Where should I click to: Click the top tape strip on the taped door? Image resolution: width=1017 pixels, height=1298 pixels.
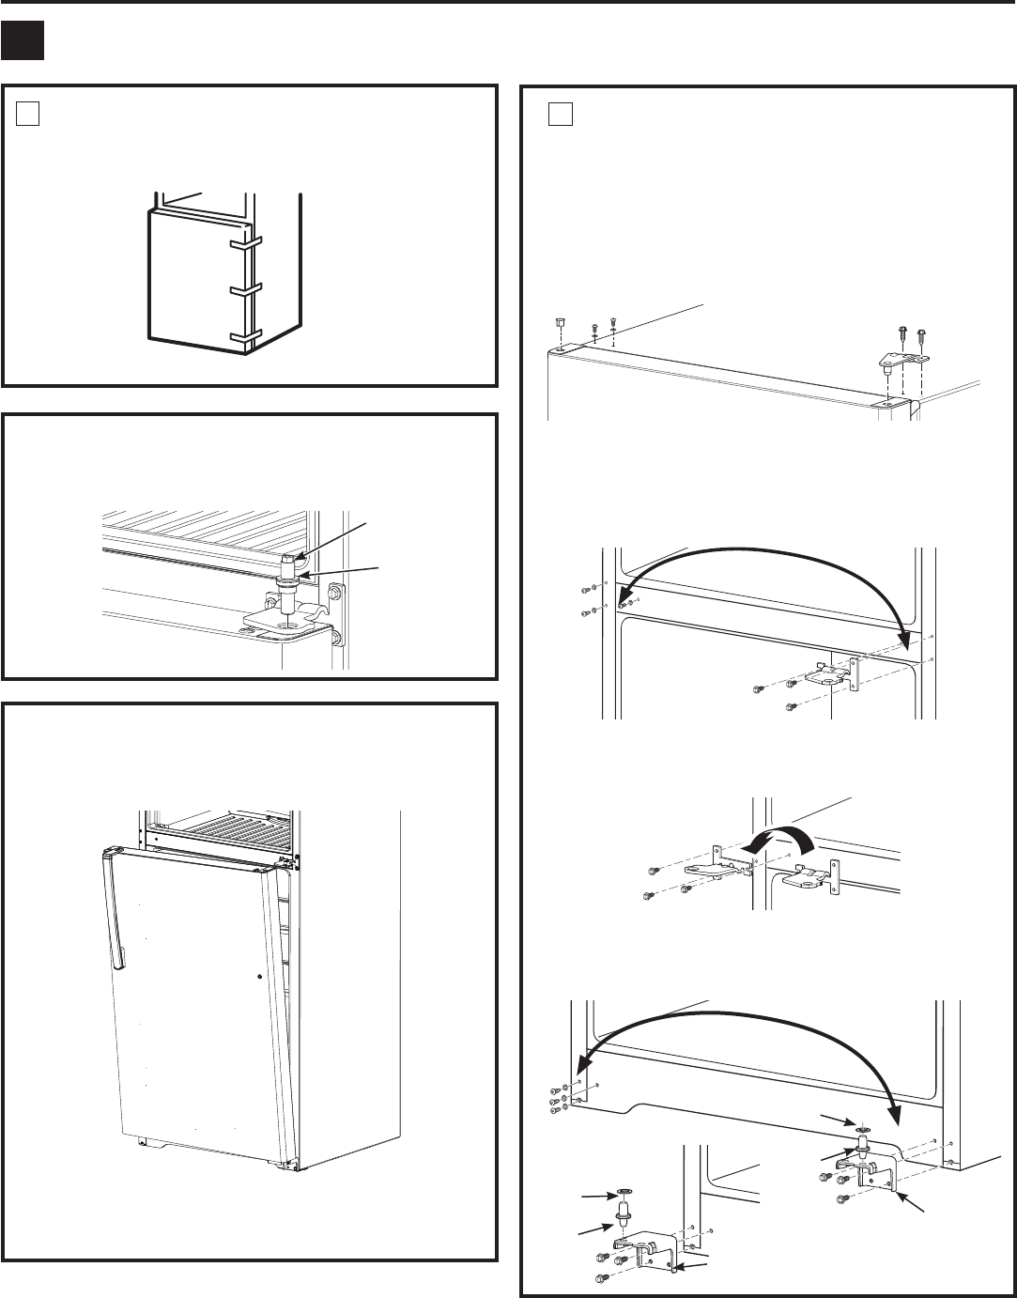point(244,241)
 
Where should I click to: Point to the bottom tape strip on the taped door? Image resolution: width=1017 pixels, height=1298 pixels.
point(244,335)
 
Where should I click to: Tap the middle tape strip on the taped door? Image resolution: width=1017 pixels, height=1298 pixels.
point(244,289)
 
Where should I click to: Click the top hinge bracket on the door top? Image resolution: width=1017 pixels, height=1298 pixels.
point(901,358)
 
